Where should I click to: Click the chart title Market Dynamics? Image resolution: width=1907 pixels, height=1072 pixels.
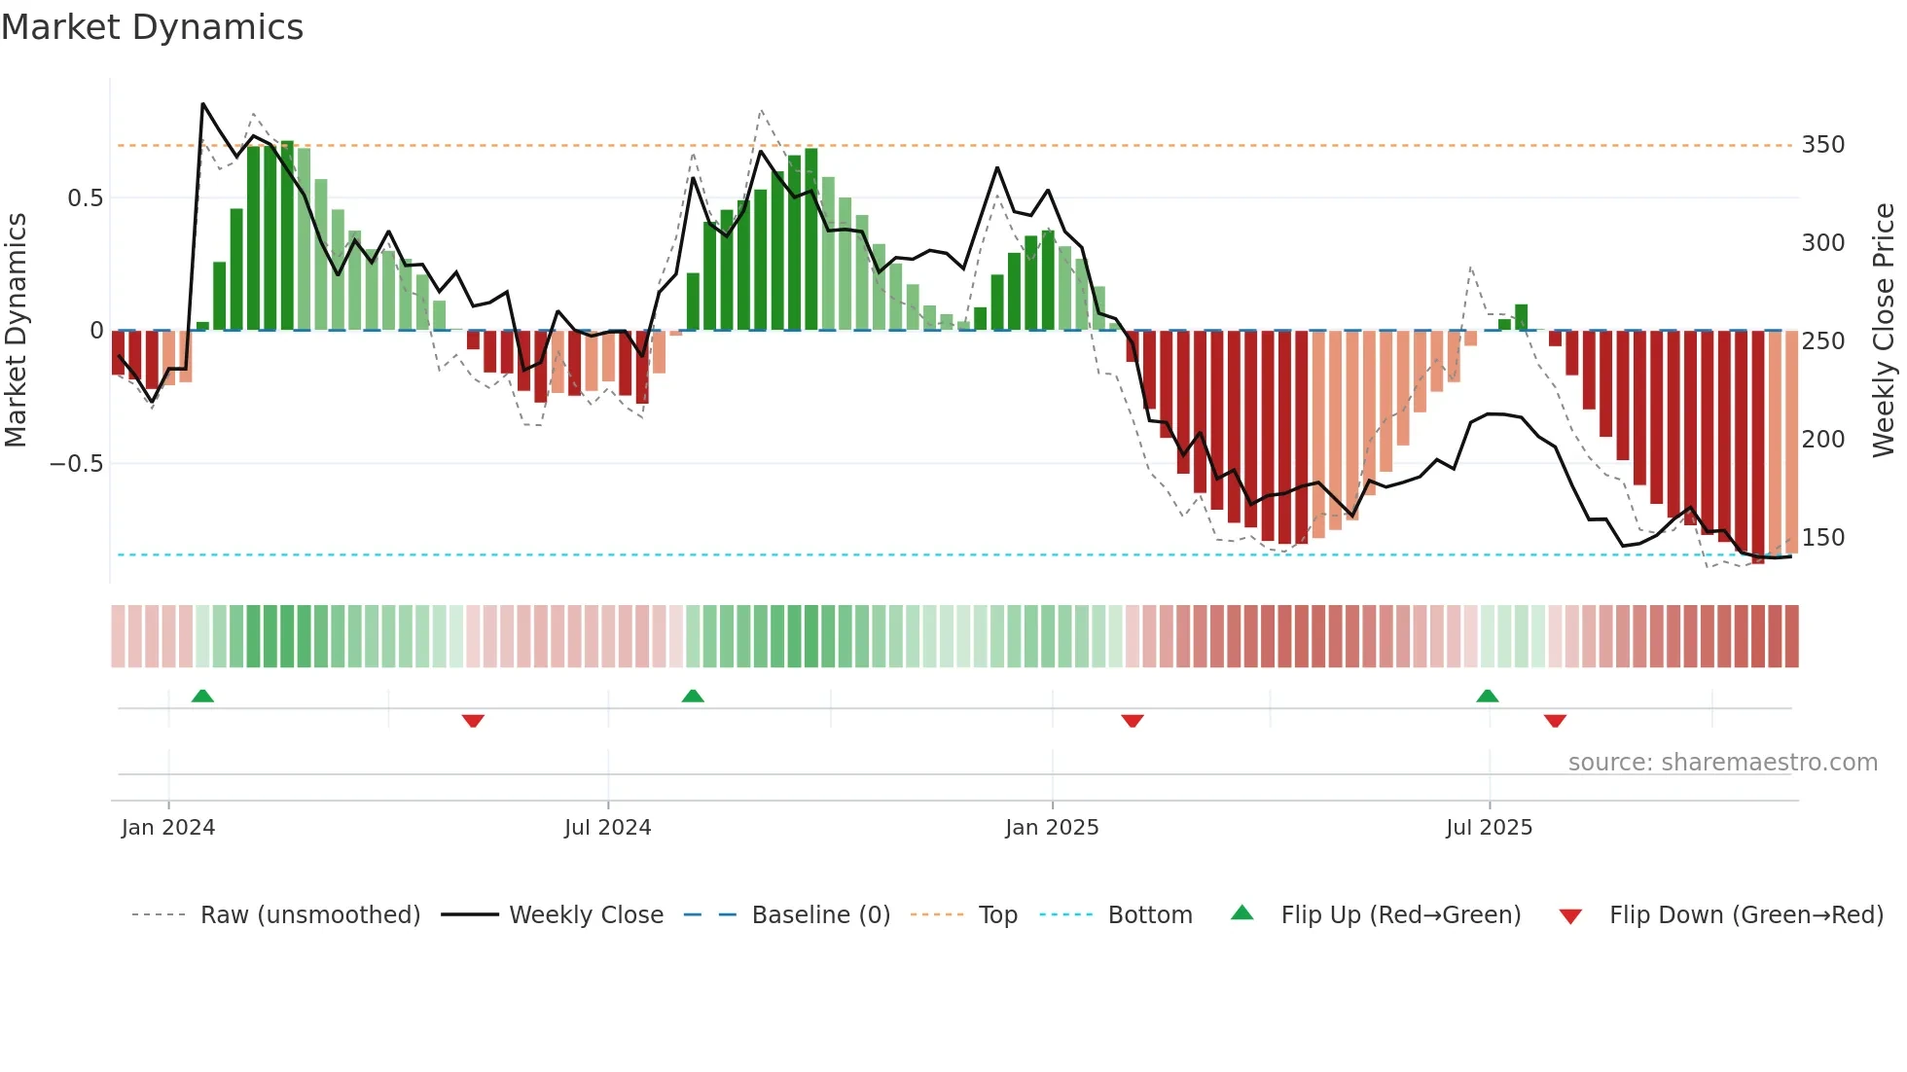tap(152, 27)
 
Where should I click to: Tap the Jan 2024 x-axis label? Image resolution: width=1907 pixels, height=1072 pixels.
tap(168, 828)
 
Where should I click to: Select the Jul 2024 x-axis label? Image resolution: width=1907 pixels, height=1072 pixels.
tap(608, 828)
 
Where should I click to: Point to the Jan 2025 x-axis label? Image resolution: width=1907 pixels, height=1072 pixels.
tap(1052, 828)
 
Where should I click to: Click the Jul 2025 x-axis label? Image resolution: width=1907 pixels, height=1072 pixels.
tap(1489, 828)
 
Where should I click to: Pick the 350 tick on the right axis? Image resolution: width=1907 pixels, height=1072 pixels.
tap(1822, 145)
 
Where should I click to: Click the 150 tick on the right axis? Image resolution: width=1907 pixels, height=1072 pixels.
tap(1822, 538)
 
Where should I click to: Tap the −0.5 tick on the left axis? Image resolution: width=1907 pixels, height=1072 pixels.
tap(77, 464)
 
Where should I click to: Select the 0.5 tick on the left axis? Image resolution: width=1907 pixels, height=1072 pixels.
tap(85, 198)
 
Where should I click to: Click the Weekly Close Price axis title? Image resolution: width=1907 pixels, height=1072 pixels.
tap(1884, 331)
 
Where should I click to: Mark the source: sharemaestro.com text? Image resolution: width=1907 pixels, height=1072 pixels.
tap(1722, 763)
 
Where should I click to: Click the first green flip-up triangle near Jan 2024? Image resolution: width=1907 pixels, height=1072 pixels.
tap(202, 697)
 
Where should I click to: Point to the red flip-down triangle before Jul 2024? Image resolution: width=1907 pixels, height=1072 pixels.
tap(473, 721)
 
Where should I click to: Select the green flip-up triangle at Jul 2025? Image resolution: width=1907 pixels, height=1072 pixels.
tap(1487, 697)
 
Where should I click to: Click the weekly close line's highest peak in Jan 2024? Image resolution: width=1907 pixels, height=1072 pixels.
tap(202, 103)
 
